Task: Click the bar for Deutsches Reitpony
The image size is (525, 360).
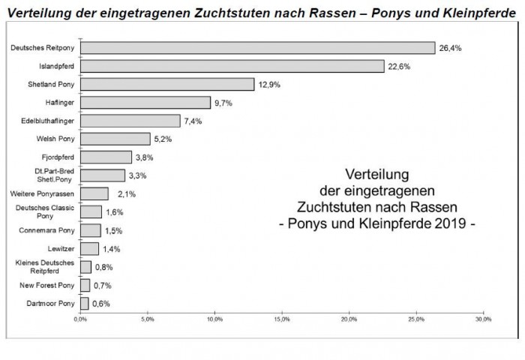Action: [257, 48]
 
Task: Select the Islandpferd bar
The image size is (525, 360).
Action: [232, 66]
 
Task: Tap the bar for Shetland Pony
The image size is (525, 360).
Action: [166, 85]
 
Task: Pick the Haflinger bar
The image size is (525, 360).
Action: [145, 103]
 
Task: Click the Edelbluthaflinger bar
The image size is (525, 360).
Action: [130, 121]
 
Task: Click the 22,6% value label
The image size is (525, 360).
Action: [400, 66]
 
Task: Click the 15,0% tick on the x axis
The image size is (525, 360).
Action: [282, 319]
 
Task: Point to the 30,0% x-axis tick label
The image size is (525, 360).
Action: [484, 319]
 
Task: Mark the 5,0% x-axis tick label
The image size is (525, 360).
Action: [148, 319]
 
